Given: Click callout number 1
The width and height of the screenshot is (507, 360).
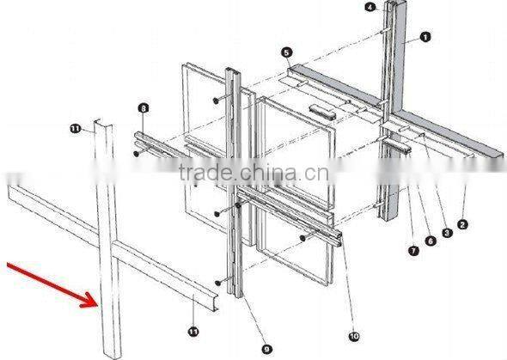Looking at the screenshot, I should point(425,36).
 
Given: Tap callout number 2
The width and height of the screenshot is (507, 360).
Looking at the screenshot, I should point(462,224).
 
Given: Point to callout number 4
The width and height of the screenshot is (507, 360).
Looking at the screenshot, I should point(370,7).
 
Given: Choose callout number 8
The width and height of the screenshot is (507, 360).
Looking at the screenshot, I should point(143,107).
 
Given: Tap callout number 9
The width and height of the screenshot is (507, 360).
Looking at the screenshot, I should point(266,348).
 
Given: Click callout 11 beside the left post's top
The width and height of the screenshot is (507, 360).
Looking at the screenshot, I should point(76,128).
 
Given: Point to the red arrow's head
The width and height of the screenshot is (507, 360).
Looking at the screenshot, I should point(95,302).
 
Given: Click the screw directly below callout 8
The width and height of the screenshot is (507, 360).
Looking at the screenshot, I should point(137,155).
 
